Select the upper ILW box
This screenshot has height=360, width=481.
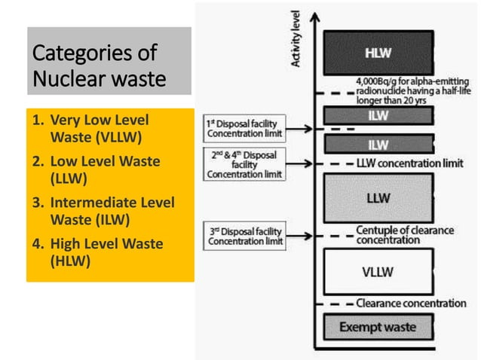click(378, 115)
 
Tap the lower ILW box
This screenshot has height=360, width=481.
click(378, 144)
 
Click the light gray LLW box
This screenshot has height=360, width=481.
click(378, 198)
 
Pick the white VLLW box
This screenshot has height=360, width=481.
click(378, 271)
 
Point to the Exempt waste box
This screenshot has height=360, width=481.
click(378, 327)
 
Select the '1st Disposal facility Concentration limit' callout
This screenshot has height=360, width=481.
click(244, 128)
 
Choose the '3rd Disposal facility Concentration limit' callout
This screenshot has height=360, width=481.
click(244, 236)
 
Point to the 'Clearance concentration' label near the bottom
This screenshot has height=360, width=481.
click(412, 303)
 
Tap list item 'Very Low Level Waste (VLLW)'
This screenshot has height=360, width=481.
click(98, 129)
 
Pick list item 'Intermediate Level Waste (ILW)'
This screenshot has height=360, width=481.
click(98, 212)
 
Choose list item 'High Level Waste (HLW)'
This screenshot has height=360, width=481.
click(98, 252)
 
